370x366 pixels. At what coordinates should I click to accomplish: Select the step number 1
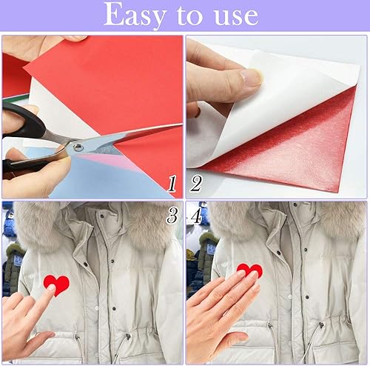[172, 184]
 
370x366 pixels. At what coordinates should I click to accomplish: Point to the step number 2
[196, 184]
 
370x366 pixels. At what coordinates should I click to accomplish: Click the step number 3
[172, 216]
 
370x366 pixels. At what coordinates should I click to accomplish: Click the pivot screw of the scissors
[79, 147]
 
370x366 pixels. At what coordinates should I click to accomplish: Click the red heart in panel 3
[57, 284]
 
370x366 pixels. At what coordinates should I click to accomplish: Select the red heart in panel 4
[249, 270]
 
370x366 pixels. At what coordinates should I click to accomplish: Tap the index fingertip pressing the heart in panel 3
[51, 288]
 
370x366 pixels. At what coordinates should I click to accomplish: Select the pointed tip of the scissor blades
[181, 124]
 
